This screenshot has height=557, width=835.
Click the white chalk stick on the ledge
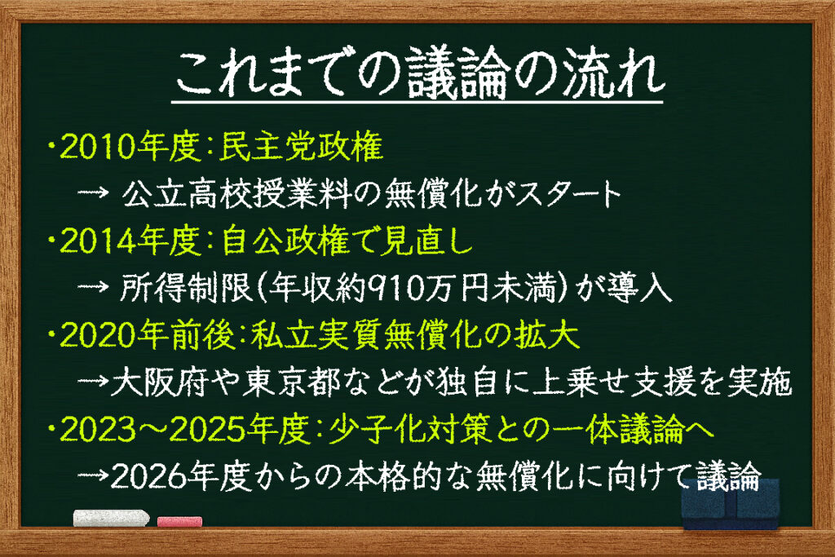pos(111,518)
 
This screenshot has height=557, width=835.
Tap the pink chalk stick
pos(180,521)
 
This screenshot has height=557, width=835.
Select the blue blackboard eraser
pos(731,504)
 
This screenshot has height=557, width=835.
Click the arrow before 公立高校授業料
pos(93,192)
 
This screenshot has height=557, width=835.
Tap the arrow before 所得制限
pos(93,287)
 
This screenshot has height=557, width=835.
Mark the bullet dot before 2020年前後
pos(51,334)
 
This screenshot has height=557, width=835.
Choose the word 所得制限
pos(185,288)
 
